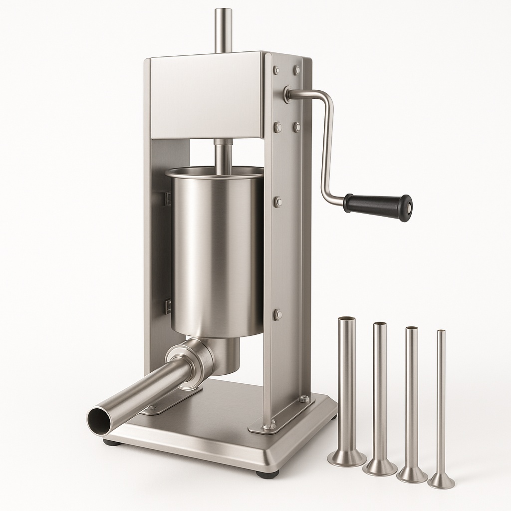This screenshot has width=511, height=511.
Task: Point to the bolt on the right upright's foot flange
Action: pos(303,399)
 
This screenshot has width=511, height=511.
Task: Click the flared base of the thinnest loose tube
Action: pos(441,482)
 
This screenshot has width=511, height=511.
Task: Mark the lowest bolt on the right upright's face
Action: pos(278,314)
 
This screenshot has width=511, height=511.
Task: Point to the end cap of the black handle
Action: pos(407,208)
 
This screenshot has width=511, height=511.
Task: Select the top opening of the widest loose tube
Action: pos(347,319)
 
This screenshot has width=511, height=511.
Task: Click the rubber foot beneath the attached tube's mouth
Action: pos(111,442)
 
